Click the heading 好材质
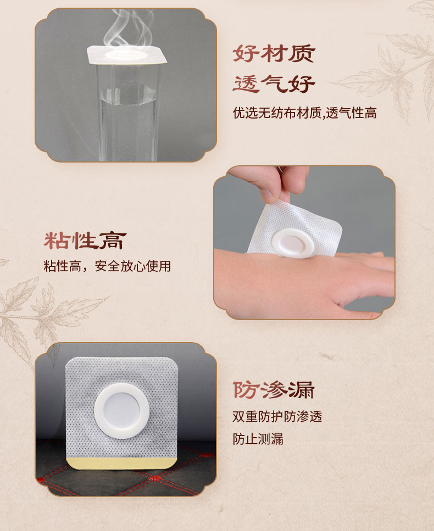pos(274,53)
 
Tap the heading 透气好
pos(274,83)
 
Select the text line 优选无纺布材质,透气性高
pos(304,113)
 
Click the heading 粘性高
pos(85,241)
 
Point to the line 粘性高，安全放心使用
pos(107,266)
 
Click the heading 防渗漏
pos(274,390)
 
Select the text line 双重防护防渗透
pos(277,417)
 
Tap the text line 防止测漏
pos(258,439)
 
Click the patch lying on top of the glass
pos(127,54)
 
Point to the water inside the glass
pos(127,125)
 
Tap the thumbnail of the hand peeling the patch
pos(304,243)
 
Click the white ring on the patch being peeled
pos(292,243)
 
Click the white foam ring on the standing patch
pos(121,411)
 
